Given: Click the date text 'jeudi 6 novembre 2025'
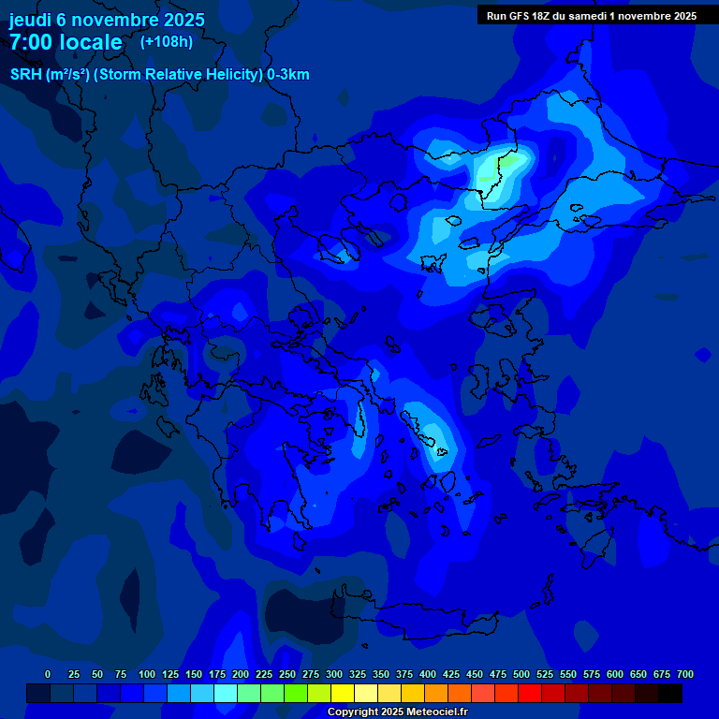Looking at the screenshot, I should pyautogui.click(x=107, y=20).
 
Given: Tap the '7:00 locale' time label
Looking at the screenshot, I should pyautogui.click(x=66, y=42).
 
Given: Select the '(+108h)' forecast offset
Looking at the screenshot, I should pyautogui.click(x=167, y=41).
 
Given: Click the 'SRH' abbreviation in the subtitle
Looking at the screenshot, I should pyautogui.click(x=25, y=75).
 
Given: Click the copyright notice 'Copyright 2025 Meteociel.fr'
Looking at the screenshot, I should pyautogui.click(x=397, y=712).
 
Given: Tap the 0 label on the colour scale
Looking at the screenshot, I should pyautogui.click(x=48, y=675).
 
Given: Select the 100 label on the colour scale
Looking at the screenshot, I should pyautogui.click(x=147, y=675).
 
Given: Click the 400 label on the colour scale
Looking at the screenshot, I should pyautogui.click(x=428, y=675).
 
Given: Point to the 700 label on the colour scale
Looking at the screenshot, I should pyautogui.click(x=684, y=675).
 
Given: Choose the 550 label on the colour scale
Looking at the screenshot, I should pyautogui.click(x=568, y=675).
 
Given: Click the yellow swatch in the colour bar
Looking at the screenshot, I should pyautogui.click(x=343, y=694).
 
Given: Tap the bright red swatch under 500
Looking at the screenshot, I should pyautogui.click(x=530, y=694).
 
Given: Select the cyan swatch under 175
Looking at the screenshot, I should pyautogui.click(x=226, y=694).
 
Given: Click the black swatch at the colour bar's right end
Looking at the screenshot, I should pyautogui.click(x=670, y=694).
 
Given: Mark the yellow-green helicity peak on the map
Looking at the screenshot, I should pyautogui.click(x=491, y=174).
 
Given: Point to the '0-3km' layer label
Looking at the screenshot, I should pyautogui.click(x=288, y=75).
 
